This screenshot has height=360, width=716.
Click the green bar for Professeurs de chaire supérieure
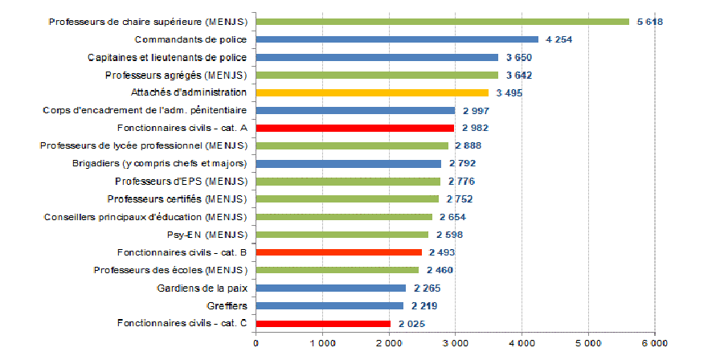[442, 22]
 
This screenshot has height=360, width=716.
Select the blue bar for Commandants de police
[397, 39]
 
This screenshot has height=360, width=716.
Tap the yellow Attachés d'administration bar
[372, 92]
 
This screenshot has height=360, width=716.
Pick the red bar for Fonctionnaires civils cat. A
[355, 128]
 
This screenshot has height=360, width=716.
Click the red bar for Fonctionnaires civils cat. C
[323, 324]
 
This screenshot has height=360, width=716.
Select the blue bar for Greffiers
[329, 305]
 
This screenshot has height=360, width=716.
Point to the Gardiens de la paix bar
[331, 288]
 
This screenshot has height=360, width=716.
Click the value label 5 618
[649, 22]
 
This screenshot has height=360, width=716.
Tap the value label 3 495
[509, 92]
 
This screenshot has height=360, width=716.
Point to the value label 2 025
[411, 324]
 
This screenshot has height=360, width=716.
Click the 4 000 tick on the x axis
[522, 344]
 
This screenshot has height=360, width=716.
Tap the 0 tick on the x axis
[256, 344]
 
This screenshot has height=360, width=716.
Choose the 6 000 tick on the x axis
[653, 344]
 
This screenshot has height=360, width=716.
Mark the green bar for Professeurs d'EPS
[348, 181]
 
